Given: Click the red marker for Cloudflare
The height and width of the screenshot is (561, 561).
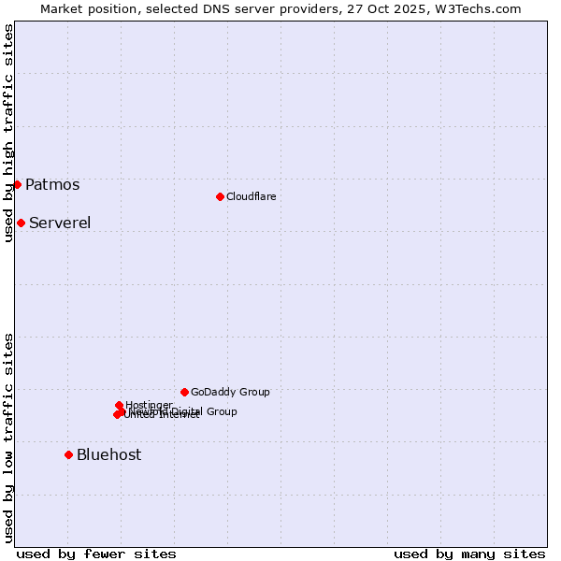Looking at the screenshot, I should click(x=220, y=196).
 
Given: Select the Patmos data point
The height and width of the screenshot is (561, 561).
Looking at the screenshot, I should click(x=17, y=184).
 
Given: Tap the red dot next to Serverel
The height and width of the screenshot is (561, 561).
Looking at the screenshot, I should click(x=21, y=223).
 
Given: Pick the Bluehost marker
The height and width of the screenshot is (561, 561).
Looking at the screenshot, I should click(x=68, y=454).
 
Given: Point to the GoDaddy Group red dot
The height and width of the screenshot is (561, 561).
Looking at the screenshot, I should click(x=184, y=392).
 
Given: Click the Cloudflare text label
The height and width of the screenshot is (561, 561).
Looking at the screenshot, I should click(x=251, y=196).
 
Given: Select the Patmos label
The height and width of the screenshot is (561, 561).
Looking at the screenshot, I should click(x=52, y=184).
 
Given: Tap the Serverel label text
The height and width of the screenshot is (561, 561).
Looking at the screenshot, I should click(x=60, y=223).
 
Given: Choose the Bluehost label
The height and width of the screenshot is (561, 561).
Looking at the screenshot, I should click(x=108, y=454).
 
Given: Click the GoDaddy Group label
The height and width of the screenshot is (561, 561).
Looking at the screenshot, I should click(x=229, y=392).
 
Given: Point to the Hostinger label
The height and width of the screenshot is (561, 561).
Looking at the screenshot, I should click(x=149, y=405).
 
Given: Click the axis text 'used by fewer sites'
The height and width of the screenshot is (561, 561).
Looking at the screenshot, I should click(x=96, y=554).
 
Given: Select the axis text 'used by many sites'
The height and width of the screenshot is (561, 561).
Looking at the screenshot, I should click(x=469, y=554).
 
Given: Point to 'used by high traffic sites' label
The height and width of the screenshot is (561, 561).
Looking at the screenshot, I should click(x=8, y=133).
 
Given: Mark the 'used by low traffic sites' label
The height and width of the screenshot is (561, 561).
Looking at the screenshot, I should click(x=8, y=437).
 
